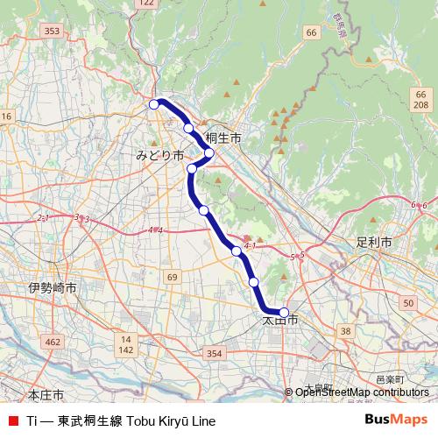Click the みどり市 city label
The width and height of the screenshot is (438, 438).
tap(159, 154)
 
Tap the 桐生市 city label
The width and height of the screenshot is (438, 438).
tap(223, 138)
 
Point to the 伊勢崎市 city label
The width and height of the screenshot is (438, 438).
tap(52, 287)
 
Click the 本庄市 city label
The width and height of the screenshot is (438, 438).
tap(46, 395)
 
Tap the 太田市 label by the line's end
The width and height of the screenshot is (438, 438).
tap(280, 321)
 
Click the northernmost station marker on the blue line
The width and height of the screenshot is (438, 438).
tap(154, 104)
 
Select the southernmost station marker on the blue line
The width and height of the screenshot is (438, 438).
tap(283, 312)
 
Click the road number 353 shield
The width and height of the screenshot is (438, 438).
tap(52, 31)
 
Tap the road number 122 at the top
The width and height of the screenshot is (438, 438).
tap(147, 4)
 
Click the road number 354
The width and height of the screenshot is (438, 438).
tap(215, 352)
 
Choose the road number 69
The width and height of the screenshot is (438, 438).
tap(172, 278)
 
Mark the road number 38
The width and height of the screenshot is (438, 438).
tap(345, 330)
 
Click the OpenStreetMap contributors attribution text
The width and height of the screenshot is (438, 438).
tap(361, 392)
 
